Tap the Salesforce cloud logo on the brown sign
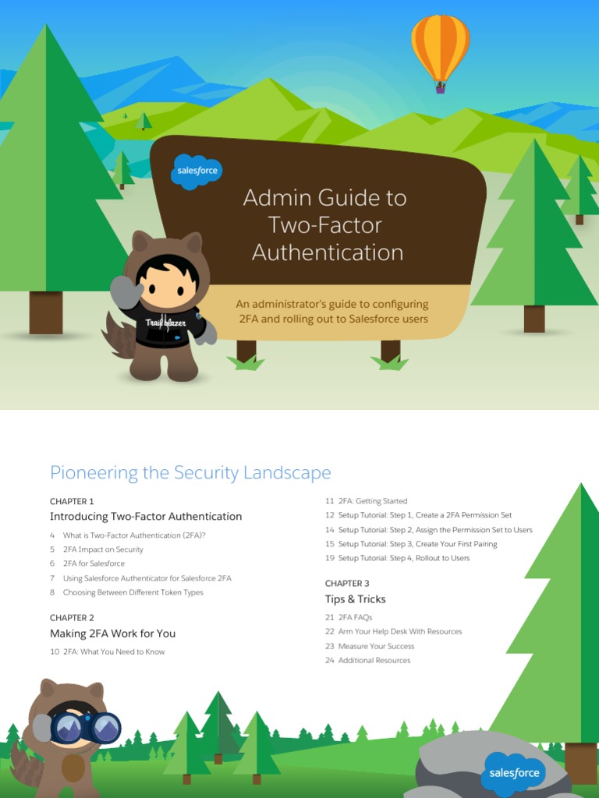coord(197,171)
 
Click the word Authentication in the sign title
coord(328,252)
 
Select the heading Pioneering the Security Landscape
coord(190,472)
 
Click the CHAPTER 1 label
coord(72,501)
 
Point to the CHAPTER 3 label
coord(347,583)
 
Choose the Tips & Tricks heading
coord(355,599)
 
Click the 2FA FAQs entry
coord(355,617)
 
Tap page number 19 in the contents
coord(330,558)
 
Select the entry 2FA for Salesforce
coord(94,563)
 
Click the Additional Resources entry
coord(374,660)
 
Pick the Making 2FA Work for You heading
coord(112,634)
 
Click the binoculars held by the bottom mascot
coord(85,728)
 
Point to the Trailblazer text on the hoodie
coord(165,322)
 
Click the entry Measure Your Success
coord(376,646)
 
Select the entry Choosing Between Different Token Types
coord(133,592)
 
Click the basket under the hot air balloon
coord(441,88)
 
